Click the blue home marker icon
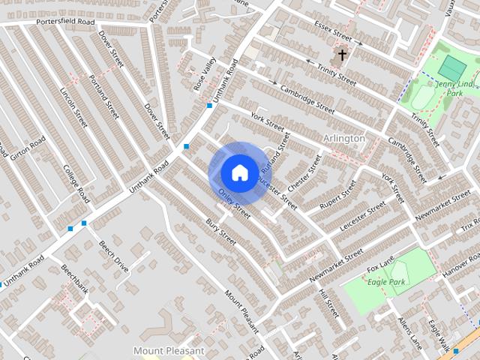[x=238, y=172]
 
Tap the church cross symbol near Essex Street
[x=342, y=55]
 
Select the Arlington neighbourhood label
[x=343, y=139]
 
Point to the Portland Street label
[x=104, y=97]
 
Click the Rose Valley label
[x=204, y=75]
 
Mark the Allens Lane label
[x=411, y=331]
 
